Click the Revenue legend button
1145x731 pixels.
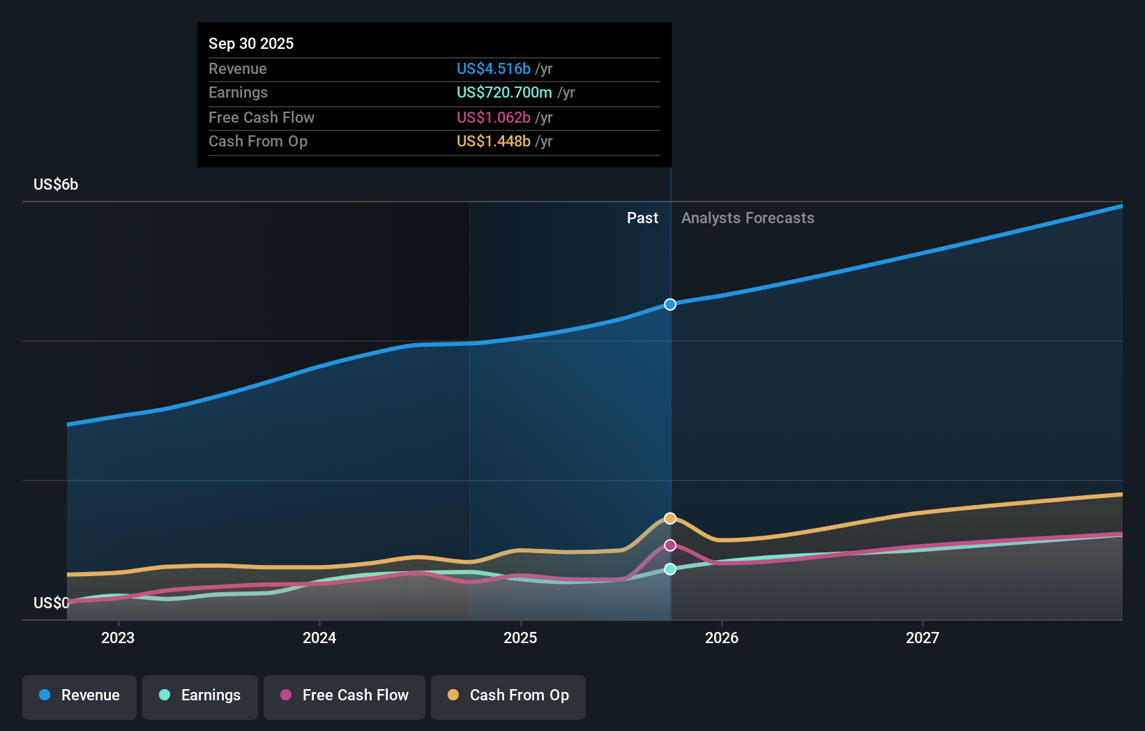[79, 695]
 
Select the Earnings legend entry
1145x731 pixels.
[200, 695]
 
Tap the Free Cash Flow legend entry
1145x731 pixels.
[344, 695]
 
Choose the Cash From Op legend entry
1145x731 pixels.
[508, 695]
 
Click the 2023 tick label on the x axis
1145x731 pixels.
[118, 638]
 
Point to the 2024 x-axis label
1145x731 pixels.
[319, 638]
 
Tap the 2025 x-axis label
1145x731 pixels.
[520, 638]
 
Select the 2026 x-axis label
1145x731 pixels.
[722, 638]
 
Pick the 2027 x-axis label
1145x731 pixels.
[923, 638]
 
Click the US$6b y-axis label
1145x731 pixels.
[56, 185]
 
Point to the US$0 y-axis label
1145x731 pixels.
[51, 603]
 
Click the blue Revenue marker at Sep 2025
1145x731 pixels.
[670, 304]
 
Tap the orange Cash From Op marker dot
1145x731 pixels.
[670, 518]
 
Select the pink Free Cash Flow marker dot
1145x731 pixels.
[670, 545]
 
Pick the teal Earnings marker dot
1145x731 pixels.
[670, 569]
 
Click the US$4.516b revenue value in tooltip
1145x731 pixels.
[493, 69]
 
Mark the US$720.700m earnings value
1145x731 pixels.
[504, 93]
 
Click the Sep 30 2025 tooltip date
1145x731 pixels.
[251, 43]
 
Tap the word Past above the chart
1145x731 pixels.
[642, 218]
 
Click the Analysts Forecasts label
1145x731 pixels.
[748, 218]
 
